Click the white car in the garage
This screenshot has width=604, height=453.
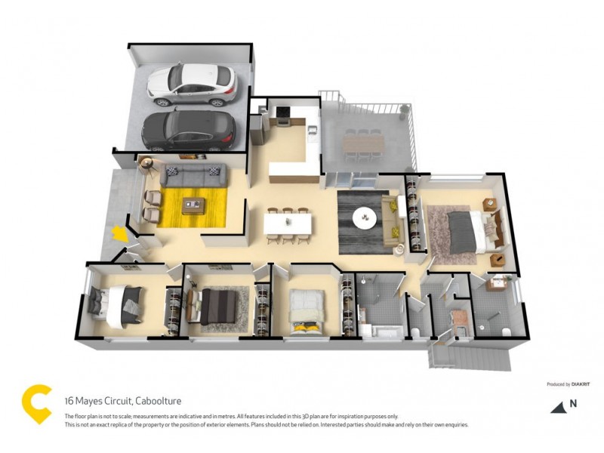coord(192,84)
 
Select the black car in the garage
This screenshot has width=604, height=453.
coord(189,130)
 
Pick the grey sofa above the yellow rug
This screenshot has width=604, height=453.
coord(193,177)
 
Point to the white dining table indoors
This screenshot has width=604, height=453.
coord(288,224)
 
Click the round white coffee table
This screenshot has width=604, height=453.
coord(365,218)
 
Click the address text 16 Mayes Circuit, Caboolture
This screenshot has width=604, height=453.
coord(122,401)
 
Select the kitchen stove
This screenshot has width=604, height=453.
coord(283,114)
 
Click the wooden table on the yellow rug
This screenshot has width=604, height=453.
coord(193,203)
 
